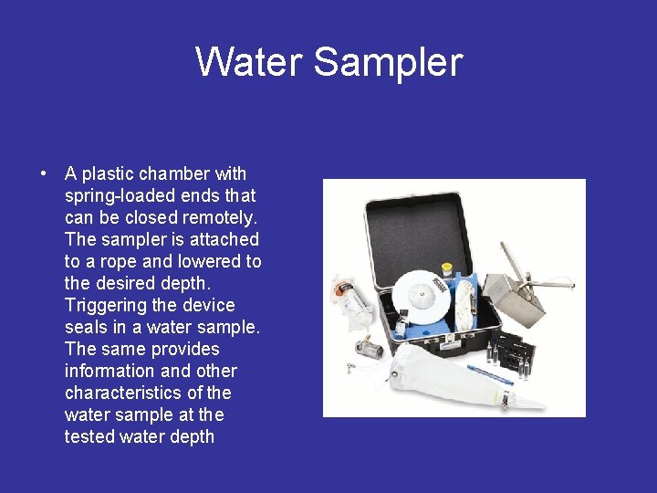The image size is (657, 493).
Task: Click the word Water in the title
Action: (x=249, y=62)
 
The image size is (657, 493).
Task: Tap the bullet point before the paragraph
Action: (x=43, y=173)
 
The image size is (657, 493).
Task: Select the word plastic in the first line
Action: (x=107, y=173)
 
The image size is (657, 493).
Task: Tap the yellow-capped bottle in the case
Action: (x=447, y=270)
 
